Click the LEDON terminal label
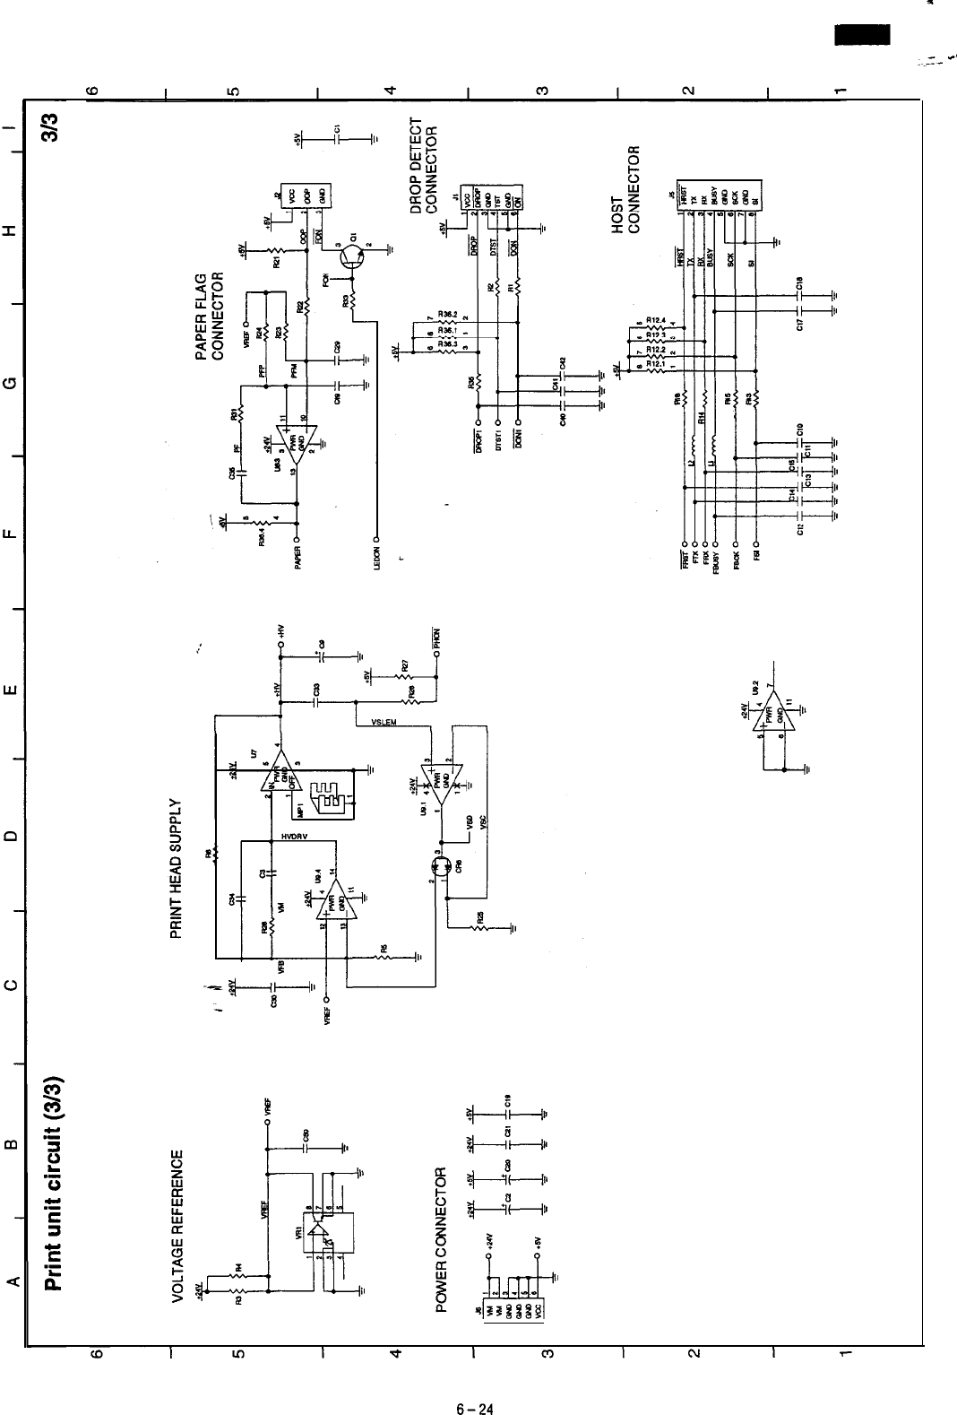377,557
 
